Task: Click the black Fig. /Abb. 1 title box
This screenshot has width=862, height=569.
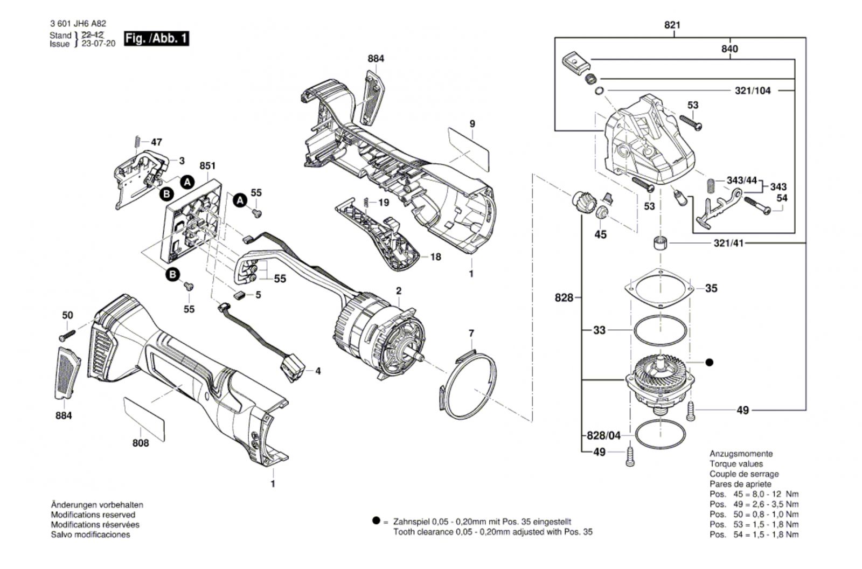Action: coord(156,38)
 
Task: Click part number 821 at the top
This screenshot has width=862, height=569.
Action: coord(672,25)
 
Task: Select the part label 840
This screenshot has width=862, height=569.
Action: coord(729,49)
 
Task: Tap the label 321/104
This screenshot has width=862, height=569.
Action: coord(753,91)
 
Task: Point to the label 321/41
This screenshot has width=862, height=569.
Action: coord(728,244)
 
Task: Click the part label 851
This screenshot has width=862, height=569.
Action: coord(207,165)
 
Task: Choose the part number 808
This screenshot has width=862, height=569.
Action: coord(141,443)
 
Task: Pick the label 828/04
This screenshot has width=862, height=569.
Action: coord(604,435)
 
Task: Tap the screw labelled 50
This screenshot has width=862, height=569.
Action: coord(67,336)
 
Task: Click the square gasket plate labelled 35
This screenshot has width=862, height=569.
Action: coord(660,288)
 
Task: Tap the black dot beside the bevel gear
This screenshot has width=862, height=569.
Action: coord(710,362)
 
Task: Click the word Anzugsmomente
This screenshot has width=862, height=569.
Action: coord(741,454)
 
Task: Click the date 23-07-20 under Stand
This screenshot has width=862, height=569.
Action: coord(99,44)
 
